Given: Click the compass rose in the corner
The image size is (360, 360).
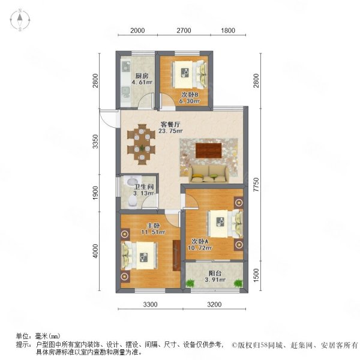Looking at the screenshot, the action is point(20,20).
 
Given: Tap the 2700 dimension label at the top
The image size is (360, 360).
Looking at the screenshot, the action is point(184,31).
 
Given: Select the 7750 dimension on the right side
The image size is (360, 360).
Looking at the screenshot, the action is point(256,185).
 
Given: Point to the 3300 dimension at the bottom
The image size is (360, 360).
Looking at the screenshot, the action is point(151,304).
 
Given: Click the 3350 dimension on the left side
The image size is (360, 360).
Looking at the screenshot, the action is point(95,142).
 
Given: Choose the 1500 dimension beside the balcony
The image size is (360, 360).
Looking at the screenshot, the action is point(256,275).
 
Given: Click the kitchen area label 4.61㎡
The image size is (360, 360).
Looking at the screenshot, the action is point(142,82).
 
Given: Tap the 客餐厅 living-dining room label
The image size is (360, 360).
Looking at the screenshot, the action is point(170,125).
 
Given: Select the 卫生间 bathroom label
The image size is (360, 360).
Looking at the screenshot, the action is point(144,187).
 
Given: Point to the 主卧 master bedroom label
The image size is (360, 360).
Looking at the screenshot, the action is point(154,226).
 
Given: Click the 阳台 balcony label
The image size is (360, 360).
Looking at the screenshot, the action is point(215,274).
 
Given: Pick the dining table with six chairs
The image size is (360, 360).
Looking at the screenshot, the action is point(142,145).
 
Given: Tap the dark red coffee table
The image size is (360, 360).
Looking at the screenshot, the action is point(209,151).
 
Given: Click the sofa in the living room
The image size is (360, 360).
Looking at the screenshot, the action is point(209,174).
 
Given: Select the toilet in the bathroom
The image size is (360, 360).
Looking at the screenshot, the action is point(133,201).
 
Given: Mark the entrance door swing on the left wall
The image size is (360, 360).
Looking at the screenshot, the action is point(109,118).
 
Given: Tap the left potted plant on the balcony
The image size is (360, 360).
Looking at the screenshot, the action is point(190,283).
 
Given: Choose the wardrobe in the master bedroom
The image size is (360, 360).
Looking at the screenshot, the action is point(176,256).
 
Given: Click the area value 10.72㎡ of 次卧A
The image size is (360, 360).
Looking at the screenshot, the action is point(200,248).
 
